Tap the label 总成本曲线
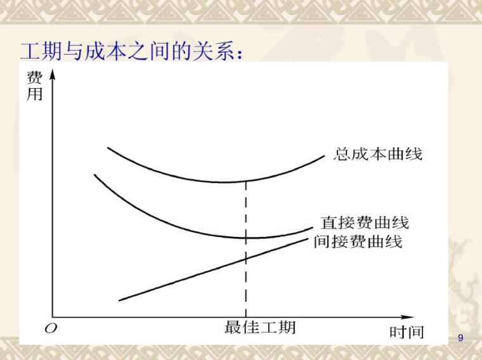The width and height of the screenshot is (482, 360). [378, 153]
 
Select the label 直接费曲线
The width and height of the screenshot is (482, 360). [365, 223]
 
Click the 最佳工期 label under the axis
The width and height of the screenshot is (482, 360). [260, 328]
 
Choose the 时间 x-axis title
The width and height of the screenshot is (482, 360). [407, 332]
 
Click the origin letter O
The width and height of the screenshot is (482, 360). [50, 328]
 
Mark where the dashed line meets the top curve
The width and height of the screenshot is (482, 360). [245, 181]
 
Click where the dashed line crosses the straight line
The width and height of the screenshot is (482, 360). [245, 259]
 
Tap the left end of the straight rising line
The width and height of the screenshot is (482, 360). [120, 300]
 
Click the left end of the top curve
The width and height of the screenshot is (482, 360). [108, 148]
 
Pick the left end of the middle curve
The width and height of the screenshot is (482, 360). [94, 174]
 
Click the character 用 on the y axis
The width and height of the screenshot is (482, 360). [34, 95]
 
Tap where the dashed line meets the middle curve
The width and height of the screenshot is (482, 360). [245, 238]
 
